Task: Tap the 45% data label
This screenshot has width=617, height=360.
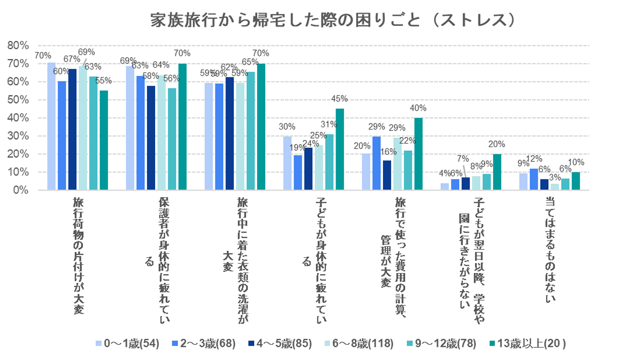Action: tap(340, 98)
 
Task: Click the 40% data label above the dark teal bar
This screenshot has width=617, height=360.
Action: tap(418, 108)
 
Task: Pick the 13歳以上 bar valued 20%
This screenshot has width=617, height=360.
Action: tap(497, 172)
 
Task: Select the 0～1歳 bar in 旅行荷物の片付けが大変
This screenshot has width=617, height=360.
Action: tap(52, 126)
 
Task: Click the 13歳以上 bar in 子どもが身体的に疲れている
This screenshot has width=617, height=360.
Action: tap(340, 150)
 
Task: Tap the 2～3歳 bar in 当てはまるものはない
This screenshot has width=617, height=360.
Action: tap(534, 179)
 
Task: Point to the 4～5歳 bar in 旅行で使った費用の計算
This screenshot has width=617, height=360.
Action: tap(387, 175)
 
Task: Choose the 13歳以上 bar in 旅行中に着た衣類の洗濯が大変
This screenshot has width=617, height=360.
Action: tap(261, 127)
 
